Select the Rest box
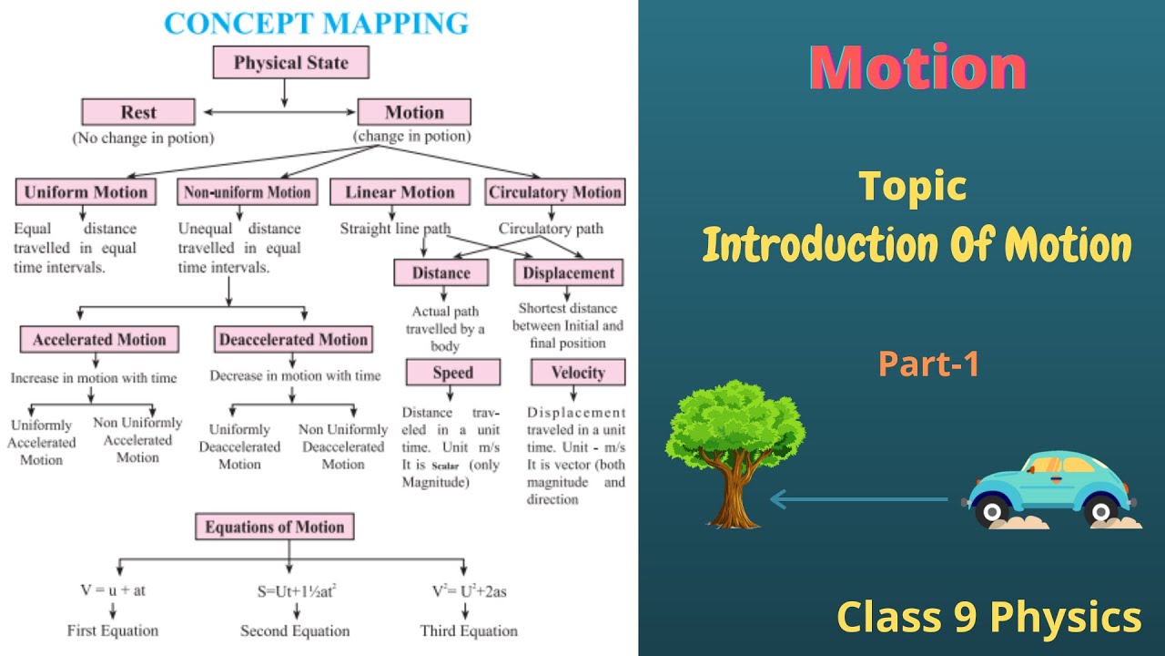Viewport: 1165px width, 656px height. [138, 112]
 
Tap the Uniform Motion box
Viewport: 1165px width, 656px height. [85, 192]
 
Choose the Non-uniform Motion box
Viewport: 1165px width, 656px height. [248, 192]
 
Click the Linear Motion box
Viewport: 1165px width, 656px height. [399, 192]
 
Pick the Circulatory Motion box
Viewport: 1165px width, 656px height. [554, 192]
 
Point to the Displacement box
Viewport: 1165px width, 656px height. [570, 272]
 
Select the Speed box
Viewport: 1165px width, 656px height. [452, 373]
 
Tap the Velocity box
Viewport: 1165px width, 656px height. [578, 373]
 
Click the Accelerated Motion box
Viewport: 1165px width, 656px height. [99, 340]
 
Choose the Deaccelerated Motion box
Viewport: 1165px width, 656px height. [293, 340]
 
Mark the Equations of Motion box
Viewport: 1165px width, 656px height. [274, 527]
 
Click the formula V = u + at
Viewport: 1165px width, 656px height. [112, 590]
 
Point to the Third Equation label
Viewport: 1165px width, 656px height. [469, 630]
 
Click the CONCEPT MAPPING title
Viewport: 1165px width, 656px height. [316, 22]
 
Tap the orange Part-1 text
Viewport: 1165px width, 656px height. [928, 364]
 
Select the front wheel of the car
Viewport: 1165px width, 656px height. [991, 511]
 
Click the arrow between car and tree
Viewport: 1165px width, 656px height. [865, 499]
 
